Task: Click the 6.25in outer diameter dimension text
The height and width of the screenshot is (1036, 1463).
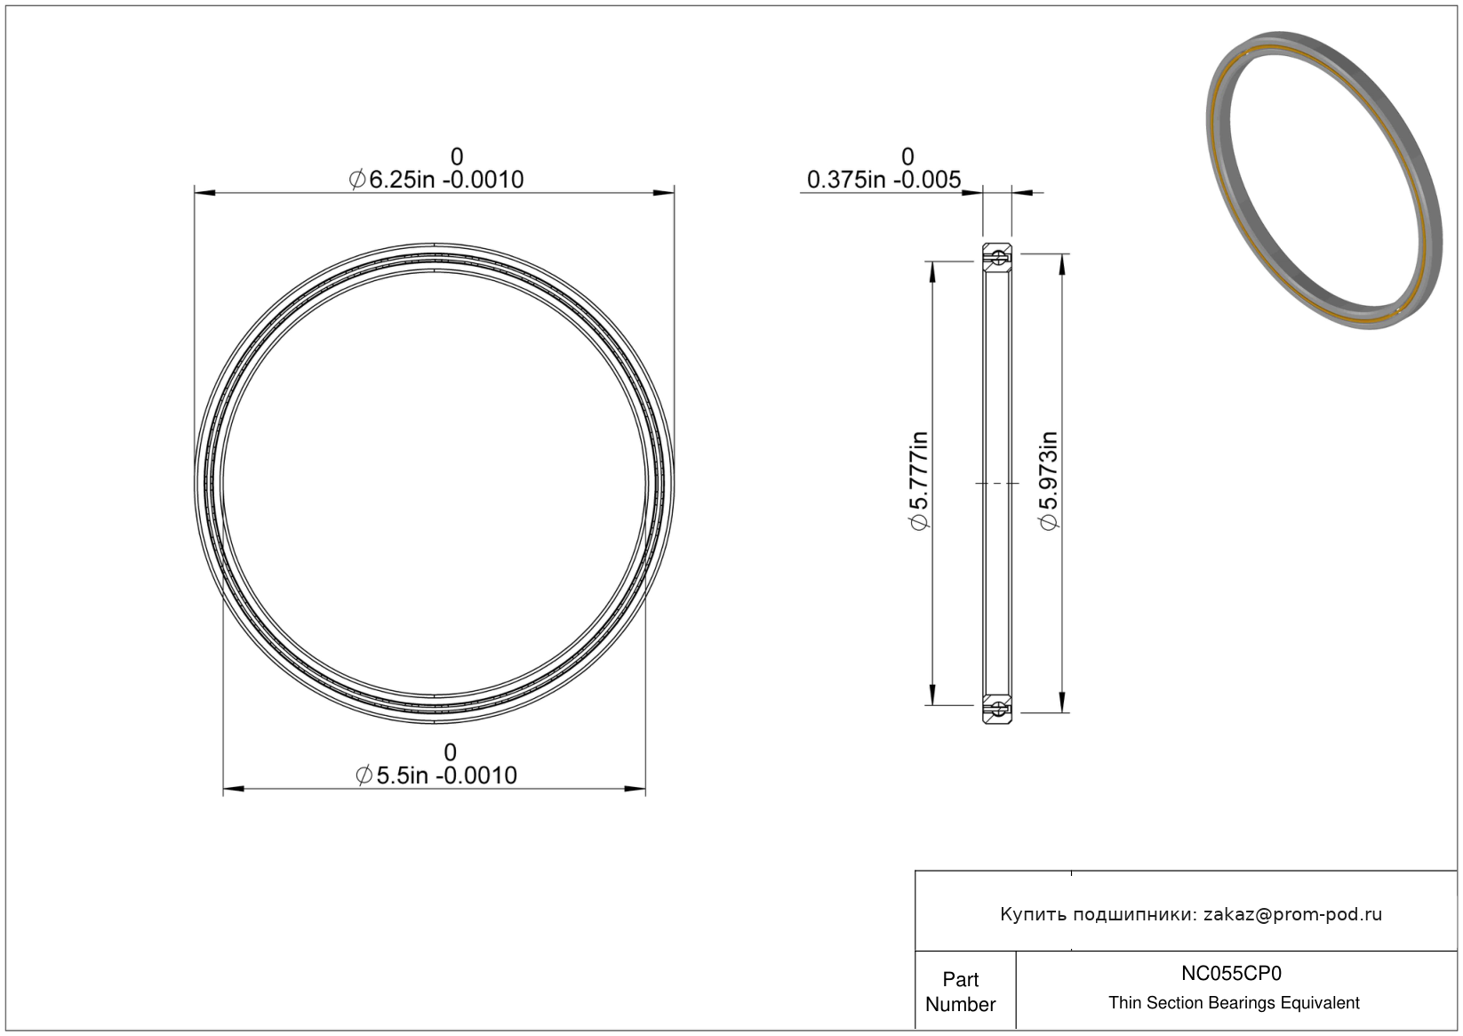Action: click(x=436, y=179)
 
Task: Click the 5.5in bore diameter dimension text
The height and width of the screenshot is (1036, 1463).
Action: click(x=436, y=775)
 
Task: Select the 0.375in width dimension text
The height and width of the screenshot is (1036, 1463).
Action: click(x=883, y=179)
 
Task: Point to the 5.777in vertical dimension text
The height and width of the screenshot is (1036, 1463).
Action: click(x=919, y=480)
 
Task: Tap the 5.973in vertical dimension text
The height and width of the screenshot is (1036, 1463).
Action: click(x=1048, y=480)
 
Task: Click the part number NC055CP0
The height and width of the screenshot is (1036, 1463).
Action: click(x=1231, y=973)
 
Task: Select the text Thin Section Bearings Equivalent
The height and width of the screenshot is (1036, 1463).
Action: click(x=1234, y=1003)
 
